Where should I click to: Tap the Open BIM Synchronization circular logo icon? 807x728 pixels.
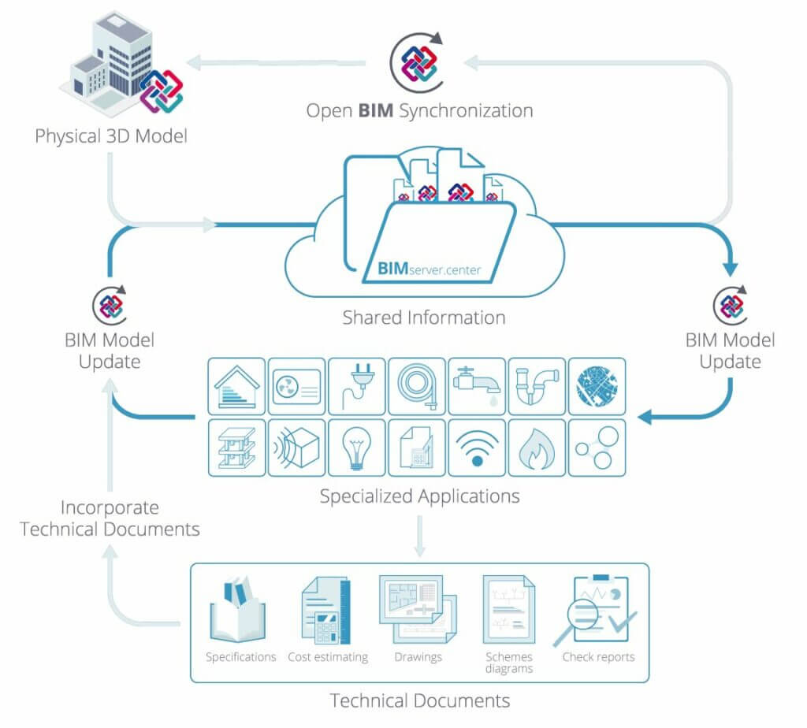pos(416,60)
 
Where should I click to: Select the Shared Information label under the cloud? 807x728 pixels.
pos(423,318)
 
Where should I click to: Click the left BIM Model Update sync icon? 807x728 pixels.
pos(110,304)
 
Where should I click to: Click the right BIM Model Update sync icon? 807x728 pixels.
pos(731,304)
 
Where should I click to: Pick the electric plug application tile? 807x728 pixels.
pos(357,386)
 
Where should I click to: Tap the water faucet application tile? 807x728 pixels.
pos(477,386)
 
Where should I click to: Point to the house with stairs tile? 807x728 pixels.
pos(236,386)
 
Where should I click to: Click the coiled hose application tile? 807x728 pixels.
pos(417,386)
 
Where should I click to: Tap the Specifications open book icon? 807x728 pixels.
pos(238,610)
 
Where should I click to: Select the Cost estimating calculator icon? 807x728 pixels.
pos(325,610)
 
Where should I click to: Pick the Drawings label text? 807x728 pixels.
pos(418,656)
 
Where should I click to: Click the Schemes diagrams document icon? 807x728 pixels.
pos(508,610)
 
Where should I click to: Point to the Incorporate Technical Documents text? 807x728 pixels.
pos(110,518)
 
